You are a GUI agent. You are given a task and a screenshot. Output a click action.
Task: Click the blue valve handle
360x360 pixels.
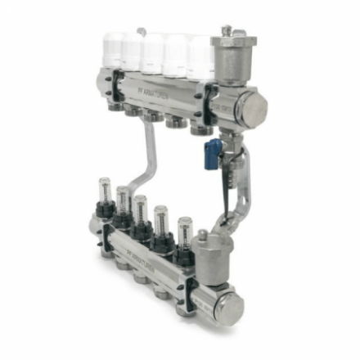coord(213,152)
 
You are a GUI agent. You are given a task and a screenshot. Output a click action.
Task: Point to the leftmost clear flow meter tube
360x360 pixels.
coord(104,191)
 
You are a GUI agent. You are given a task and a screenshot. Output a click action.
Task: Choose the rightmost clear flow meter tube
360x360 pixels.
coord(184,230)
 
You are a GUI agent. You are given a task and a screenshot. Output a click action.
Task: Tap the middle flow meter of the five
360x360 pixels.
coord(141,209)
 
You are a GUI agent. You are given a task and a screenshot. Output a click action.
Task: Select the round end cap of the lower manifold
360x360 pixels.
coord(232,309)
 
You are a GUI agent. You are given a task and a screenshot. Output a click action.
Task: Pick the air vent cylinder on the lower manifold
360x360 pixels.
coord(214,256)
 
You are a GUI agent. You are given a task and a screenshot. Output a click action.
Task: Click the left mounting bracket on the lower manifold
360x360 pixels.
coord(106,237)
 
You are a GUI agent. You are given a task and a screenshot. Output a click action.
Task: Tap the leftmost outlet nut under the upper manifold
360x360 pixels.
coord(111,106)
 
